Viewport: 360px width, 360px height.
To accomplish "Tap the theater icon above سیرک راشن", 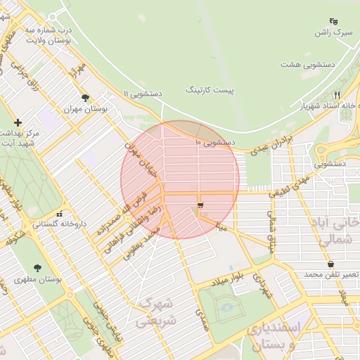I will click(333, 21).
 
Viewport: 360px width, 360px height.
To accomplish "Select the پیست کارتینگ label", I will click(210, 91).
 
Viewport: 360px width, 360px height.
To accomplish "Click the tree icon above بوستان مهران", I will click(86, 98).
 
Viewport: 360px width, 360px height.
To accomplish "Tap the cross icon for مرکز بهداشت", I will click(18, 122).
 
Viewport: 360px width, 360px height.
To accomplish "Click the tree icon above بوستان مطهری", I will click(37, 268).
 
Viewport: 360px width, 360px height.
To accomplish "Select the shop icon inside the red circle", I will click(201, 205).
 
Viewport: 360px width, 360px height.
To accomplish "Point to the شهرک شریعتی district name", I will click(155, 311).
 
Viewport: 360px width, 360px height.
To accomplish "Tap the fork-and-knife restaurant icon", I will click(337, 95).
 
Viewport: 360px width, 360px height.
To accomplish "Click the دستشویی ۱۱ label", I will click(143, 93).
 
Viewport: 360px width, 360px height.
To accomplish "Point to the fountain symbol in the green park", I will click(225, 307).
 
